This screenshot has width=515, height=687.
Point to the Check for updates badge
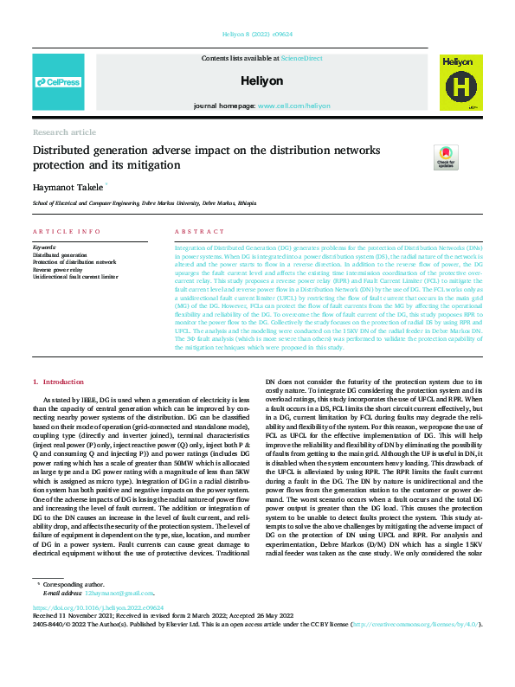[x=446, y=156]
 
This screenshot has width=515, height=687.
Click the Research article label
[x=64, y=132]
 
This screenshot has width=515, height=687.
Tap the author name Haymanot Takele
[x=68, y=186]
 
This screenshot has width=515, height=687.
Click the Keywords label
[x=43, y=247]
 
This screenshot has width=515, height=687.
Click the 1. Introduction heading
[x=59, y=382]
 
